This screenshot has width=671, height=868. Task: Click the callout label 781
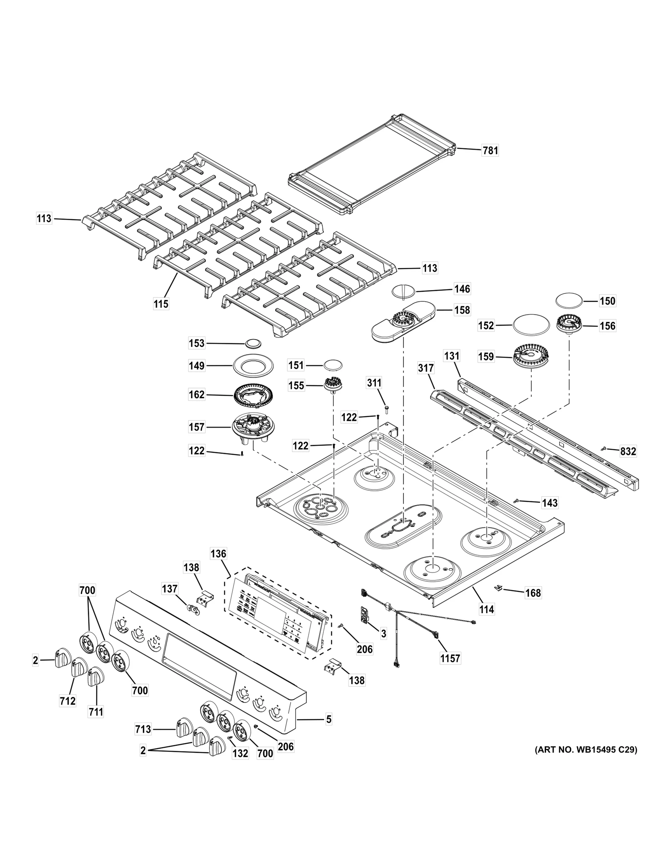pos(490,150)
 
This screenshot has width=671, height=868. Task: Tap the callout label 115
pos(161,304)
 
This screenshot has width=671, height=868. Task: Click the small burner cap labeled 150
pos(569,301)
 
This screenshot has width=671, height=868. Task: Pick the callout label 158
pos(462,310)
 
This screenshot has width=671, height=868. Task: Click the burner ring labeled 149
pos(253,365)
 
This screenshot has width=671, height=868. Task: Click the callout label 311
pos(375,383)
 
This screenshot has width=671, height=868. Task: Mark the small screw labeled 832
pos(604,449)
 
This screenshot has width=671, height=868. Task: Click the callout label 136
pos(218,554)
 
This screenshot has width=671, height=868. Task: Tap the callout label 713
pos(143,729)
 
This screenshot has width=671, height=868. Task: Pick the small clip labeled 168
pos(499,588)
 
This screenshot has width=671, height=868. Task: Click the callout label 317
pos(426,368)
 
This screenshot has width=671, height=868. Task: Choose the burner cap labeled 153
pos(253,343)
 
